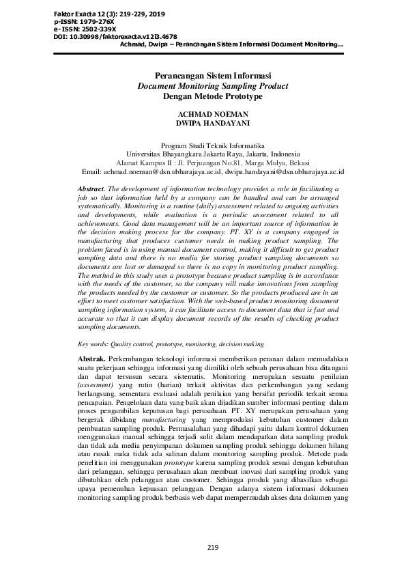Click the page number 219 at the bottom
tap(212, 548)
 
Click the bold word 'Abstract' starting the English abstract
tap(91, 188)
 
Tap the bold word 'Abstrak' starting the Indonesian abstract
tap(91, 359)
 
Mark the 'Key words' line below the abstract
tap(171, 344)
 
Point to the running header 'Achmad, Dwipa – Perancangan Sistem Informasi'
tap(231, 45)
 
